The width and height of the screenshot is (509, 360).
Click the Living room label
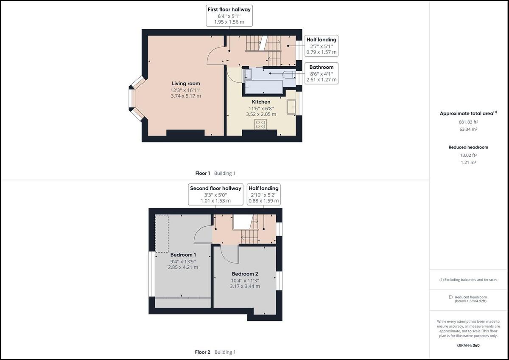click(186, 84)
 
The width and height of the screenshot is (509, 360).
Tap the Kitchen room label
click(261, 102)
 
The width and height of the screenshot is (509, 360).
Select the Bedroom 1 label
click(183, 255)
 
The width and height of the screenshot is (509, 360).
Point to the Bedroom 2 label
click(245, 274)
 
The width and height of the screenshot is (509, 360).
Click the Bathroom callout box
click(321, 73)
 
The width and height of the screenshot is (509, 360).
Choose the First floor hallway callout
click(229, 16)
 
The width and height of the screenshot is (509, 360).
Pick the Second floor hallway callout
click(215, 194)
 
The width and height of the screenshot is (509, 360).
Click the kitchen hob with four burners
click(260, 124)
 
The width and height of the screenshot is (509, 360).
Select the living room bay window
click(135, 99)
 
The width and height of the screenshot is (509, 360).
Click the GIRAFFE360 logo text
click(468, 346)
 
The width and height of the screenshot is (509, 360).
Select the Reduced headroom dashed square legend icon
click(451, 297)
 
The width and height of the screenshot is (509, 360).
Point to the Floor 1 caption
click(202, 173)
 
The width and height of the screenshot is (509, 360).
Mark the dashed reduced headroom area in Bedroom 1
click(162, 233)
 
